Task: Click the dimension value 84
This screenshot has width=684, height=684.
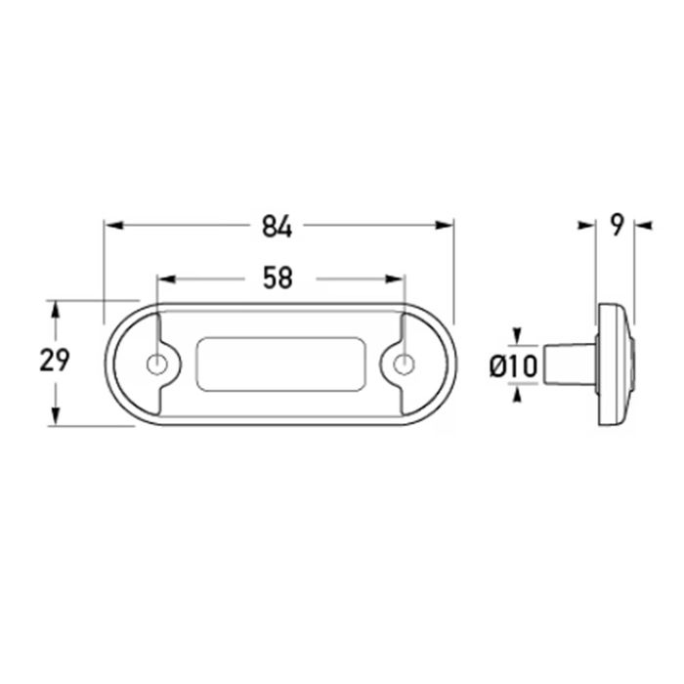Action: (277, 228)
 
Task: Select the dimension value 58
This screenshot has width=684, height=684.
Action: (278, 278)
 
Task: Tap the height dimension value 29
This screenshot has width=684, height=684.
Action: (55, 361)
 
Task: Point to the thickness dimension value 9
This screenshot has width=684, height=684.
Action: (616, 226)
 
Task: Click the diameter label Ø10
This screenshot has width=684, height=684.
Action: (513, 366)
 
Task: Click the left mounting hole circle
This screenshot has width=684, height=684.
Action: (156, 364)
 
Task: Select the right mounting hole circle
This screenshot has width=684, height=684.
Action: (404, 364)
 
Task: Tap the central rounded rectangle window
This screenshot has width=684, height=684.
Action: (280, 363)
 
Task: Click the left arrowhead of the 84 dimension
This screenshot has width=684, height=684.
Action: (114, 226)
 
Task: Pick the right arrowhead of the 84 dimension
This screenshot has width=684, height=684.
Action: (444, 226)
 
